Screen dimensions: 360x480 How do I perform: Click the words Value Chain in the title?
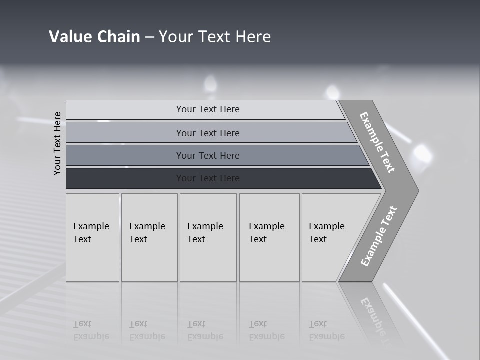(94, 37)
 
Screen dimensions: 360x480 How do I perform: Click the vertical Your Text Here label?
(58, 143)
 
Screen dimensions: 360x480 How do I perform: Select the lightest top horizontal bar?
(125, 110)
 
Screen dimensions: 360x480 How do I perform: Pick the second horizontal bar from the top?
(125, 133)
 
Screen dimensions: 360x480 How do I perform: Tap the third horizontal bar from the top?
(125, 155)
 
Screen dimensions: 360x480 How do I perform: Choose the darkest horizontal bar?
(125, 178)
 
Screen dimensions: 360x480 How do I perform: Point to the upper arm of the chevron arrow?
(378, 142)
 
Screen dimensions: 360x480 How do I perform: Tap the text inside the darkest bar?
(208, 178)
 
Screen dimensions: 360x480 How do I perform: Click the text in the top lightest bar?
(208, 109)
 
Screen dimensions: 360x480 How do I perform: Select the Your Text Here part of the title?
(215, 37)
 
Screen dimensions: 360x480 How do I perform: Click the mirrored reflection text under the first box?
(91, 330)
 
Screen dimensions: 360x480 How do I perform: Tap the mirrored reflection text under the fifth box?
(326, 330)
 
